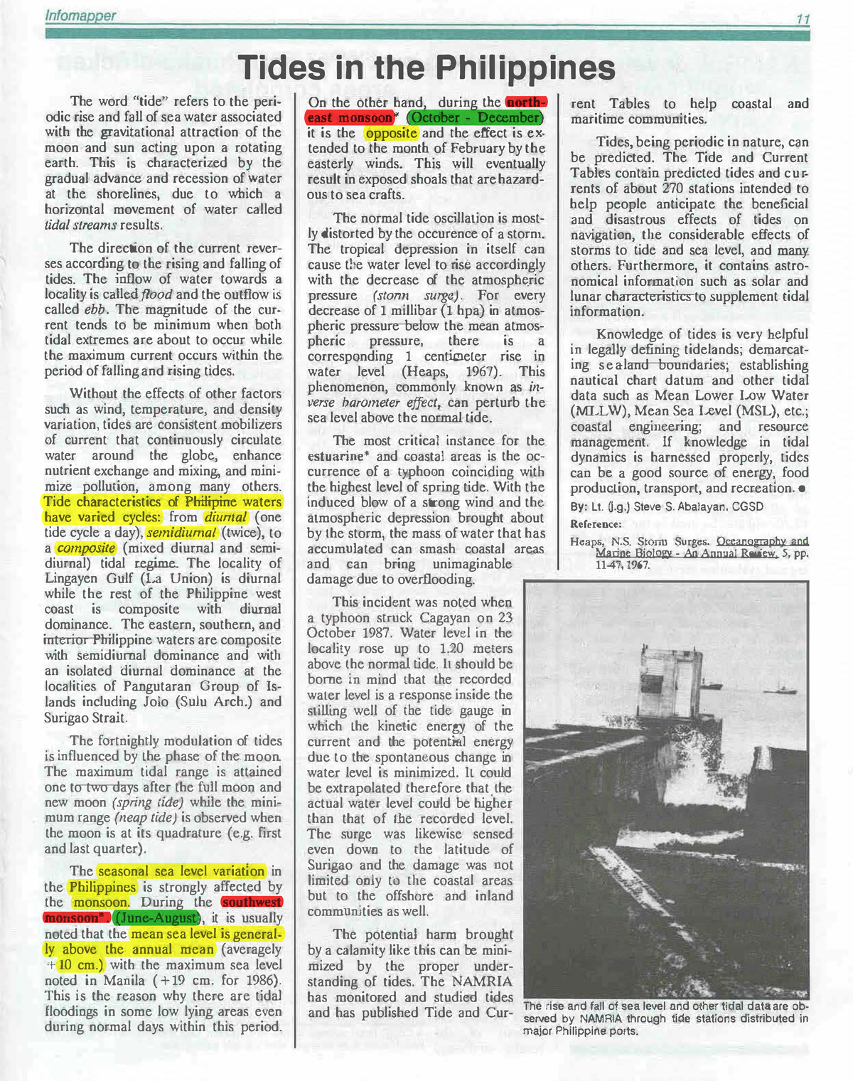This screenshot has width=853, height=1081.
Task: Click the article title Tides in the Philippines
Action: [427, 69]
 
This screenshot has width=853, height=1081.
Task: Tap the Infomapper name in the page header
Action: [80, 16]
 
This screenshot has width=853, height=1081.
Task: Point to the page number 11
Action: [802, 19]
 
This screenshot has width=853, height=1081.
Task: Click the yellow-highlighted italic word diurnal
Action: [226, 517]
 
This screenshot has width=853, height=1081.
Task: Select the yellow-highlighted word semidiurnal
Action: [181, 533]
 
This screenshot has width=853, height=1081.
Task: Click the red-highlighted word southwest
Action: [252, 902]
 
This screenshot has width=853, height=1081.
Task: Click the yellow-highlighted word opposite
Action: [391, 133]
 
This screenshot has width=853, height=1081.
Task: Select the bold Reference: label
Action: [596, 524]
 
